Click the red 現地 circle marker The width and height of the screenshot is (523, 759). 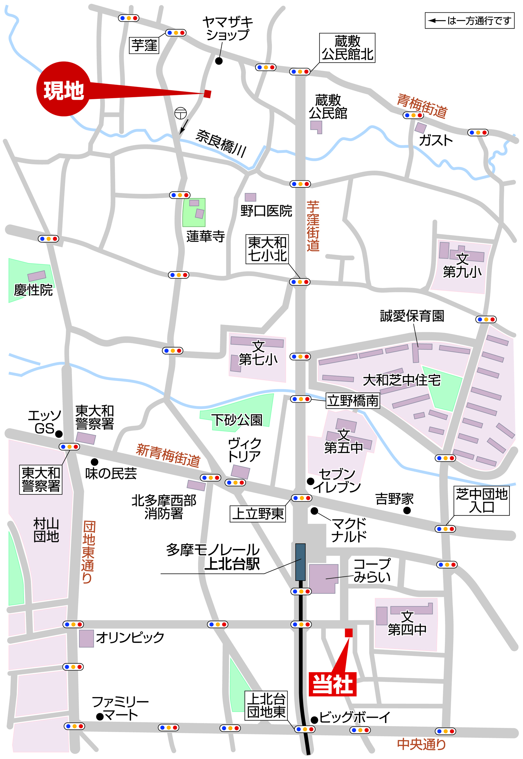click(63, 89)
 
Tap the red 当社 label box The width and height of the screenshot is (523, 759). click(332, 684)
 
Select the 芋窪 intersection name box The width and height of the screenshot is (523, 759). click(144, 45)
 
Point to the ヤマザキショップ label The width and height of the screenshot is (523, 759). click(228, 29)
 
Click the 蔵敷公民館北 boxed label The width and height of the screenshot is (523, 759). click(347, 48)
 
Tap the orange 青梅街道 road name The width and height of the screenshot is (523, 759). click(422, 106)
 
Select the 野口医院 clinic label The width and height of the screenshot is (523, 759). click(266, 211)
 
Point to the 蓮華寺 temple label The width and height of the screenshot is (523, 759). click(205, 236)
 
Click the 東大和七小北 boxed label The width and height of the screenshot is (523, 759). click(267, 249)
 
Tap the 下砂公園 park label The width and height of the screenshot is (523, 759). click(237, 420)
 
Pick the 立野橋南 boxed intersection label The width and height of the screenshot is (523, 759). click(353, 401)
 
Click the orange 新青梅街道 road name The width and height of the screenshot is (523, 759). click(168, 455)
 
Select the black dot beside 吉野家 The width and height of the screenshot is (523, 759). click(407, 510)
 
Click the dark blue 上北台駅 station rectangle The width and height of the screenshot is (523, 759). click(300, 562)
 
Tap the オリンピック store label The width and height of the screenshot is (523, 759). click(130, 638)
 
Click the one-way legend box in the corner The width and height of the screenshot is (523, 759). click(469, 21)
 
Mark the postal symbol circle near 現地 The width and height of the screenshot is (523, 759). click(180, 113)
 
